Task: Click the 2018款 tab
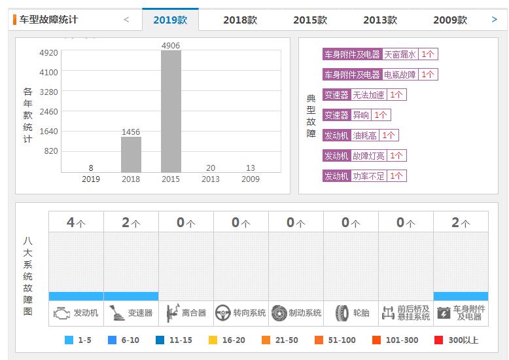click(x=239, y=20)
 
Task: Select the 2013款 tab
click(x=379, y=20)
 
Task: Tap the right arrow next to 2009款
click(x=494, y=20)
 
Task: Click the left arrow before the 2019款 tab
click(x=126, y=20)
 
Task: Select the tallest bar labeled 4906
click(x=171, y=111)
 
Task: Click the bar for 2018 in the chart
click(x=131, y=154)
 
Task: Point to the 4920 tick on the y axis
click(x=48, y=53)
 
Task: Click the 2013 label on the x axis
click(x=211, y=179)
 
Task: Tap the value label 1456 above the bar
click(x=131, y=132)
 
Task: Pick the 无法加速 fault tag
click(x=368, y=95)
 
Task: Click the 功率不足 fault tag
click(x=368, y=176)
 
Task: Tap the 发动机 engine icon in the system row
click(x=61, y=313)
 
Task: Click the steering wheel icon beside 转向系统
click(x=223, y=313)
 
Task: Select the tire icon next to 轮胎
click(x=342, y=313)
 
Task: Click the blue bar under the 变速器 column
click(x=131, y=296)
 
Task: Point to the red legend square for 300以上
click(x=438, y=340)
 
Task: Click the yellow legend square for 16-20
click(x=213, y=340)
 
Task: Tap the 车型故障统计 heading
click(x=48, y=20)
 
